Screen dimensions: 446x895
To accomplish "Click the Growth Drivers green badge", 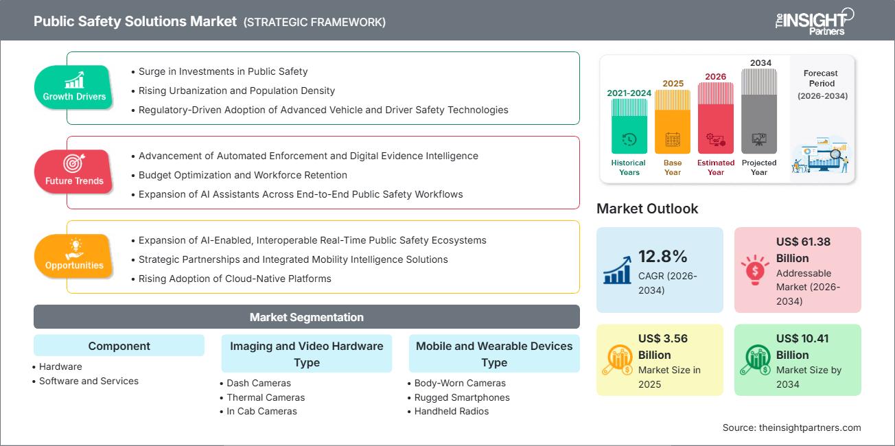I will click(x=74, y=86).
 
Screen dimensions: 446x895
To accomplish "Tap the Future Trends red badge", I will click(x=74, y=171).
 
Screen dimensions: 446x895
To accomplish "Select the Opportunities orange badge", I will click(x=74, y=255).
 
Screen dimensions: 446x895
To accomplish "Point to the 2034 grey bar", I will click(x=759, y=111).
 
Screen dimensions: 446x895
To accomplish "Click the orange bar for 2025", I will click(x=673, y=121).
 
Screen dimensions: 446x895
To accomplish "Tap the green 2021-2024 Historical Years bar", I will click(x=629, y=126).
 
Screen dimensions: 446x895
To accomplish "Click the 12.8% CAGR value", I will click(x=662, y=257).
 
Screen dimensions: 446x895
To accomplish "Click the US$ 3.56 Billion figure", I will click(x=663, y=347).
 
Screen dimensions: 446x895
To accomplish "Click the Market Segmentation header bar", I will click(x=306, y=317).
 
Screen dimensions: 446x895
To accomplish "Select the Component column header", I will click(x=119, y=346).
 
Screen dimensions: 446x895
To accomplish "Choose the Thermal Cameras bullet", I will click(x=266, y=397).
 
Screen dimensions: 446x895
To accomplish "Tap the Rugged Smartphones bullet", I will click(x=462, y=397).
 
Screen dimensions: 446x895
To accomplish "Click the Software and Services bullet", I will click(x=89, y=381).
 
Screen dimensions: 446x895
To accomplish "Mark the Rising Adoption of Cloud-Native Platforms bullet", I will click(x=235, y=279).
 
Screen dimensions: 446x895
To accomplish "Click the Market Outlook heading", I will click(x=647, y=209).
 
